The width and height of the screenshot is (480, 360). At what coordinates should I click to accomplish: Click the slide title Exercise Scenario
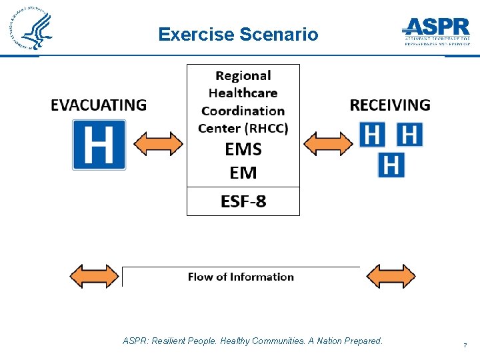coord(239,34)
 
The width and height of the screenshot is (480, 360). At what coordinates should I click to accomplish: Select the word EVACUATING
coord(99,105)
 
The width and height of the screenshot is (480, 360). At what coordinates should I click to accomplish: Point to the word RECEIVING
coord(390,105)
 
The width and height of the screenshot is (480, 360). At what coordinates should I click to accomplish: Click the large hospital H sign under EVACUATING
coord(99,145)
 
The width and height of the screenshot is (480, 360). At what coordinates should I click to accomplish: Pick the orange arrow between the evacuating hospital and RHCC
coord(159,144)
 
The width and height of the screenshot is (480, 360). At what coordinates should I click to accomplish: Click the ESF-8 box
coord(243,201)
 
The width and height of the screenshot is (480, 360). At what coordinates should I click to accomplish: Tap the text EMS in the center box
coord(243,149)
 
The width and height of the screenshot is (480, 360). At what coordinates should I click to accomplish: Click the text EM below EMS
coord(243,173)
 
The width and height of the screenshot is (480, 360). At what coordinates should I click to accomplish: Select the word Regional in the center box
coord(243,76)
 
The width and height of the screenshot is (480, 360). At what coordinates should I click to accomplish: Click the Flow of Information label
coord(241,277)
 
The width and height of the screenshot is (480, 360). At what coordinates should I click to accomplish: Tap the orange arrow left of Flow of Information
coord(95,276)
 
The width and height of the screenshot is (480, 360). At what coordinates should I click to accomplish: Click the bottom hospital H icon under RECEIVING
coord(391,164)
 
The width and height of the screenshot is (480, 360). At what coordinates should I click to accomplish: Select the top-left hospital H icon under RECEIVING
coord(372,134)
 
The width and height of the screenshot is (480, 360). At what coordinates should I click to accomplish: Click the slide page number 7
coord(464,345)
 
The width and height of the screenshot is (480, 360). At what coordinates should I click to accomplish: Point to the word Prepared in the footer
coord(365,341)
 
